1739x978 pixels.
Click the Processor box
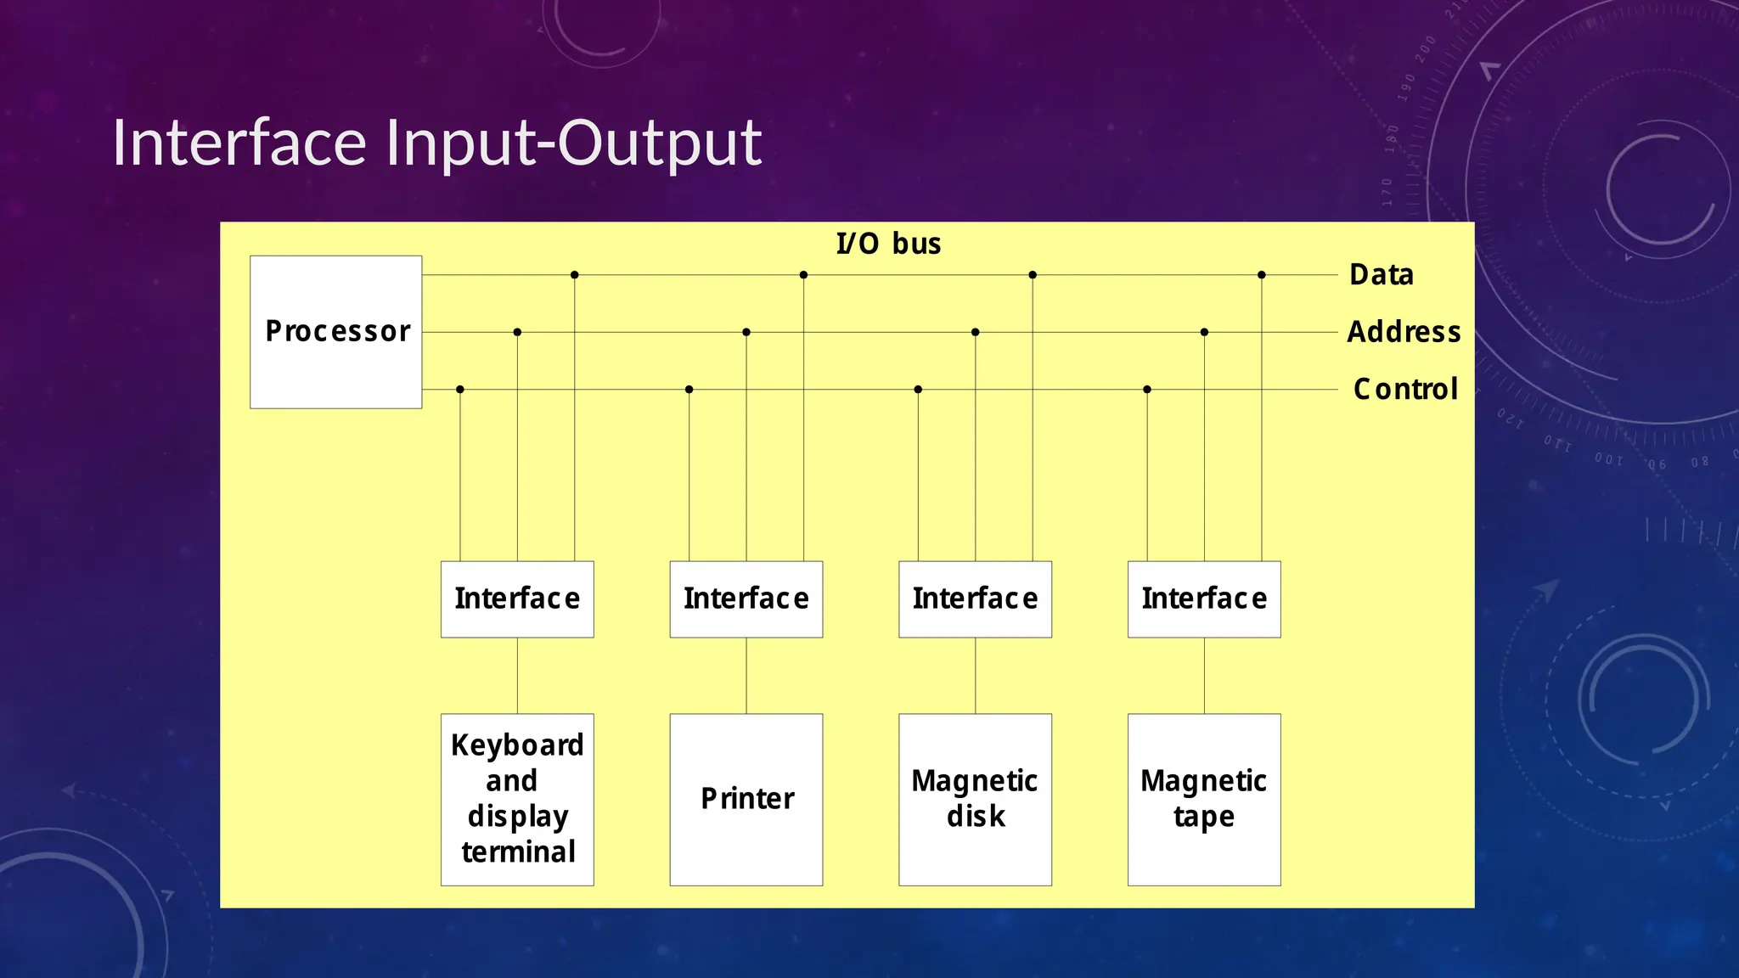tap(336, 332)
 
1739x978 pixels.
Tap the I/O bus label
tap(888, 244)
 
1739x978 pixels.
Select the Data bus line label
tap(1382, 275)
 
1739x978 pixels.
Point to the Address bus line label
tap(1404, 332)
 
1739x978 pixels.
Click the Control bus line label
tap(1405, 390)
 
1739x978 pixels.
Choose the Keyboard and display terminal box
tap(517, 799)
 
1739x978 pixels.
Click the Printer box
tap(746, 799)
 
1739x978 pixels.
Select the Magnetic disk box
tap(975, 799)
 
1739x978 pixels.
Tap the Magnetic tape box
tap(1204, 799)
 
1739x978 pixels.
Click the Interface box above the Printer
tap(746, 599)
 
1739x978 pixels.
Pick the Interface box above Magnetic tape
tap(1204, 599)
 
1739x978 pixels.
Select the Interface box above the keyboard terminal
tap(517, 599)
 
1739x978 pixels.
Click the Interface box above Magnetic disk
tap(975, 599)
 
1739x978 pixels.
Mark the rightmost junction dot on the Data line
tap(1262, 275)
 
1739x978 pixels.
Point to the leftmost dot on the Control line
tap(460, 390)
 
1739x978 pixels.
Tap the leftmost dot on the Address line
tap(517, 332)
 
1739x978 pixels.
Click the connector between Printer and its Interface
tap(746, 676)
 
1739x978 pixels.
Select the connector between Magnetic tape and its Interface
tap(1204, 676)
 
